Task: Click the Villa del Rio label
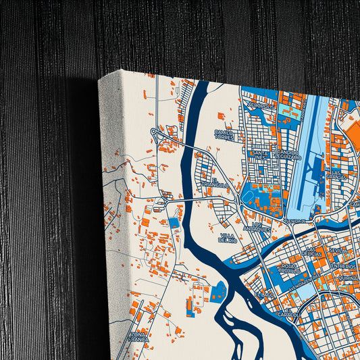click(x=227, y=238)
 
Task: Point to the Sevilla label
click(x=338, y=250)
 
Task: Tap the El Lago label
click(x=265, y=294)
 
